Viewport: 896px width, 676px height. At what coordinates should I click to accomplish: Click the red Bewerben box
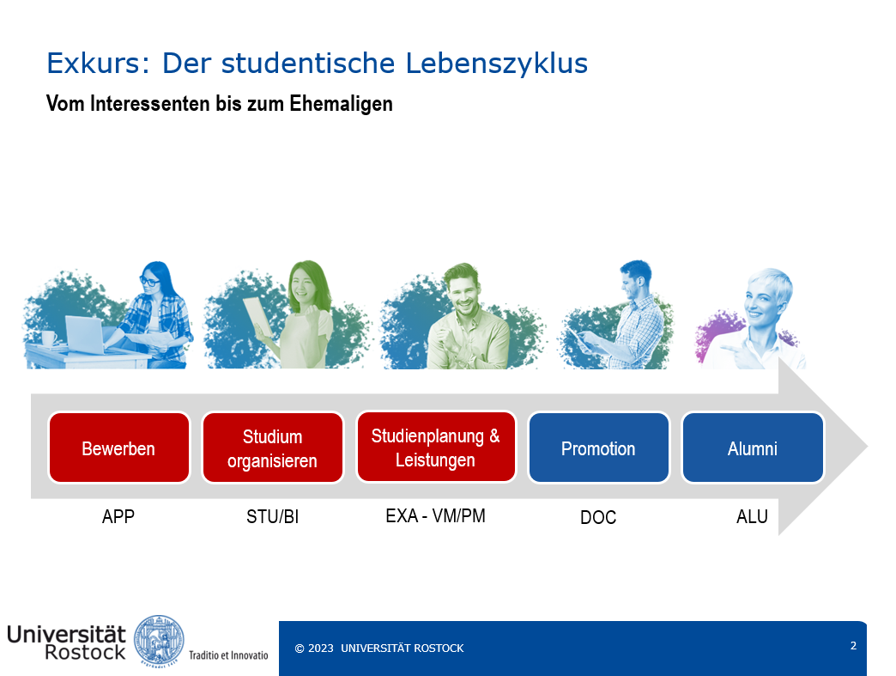pyautogui.click(x=118, y=448)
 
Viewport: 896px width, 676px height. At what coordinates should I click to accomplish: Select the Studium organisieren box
pyautogui.click(x=273, y=448)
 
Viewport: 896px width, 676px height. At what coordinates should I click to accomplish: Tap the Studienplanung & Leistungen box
pyautogui.click(x=436, y=448)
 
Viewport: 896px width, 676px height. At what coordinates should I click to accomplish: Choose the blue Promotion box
pyautogui.click(x=598, y=448)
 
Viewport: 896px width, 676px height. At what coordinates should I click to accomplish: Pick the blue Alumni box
pyautogui.click(x=753, y=448)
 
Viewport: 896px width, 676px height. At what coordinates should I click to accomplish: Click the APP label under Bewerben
pyautogui.click(x=118, y=516)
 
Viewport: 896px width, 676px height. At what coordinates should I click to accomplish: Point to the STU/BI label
pyautogui.click(x=273, y=516)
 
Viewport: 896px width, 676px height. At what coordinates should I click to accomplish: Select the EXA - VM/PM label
pyautogui.click(x=435, y=516)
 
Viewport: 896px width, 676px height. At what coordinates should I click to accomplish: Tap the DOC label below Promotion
pyautogui.click(x=598, y=517)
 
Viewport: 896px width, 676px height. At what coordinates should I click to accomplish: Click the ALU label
pyautogui.click(x=752, y=516)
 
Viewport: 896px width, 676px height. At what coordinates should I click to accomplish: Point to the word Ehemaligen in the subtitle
pyautogui.click(x=341, y=104)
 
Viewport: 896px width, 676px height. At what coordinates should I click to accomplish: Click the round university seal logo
pyautogui.click(x=159, y=641)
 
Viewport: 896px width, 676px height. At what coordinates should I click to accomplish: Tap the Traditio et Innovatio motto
pyautogui.click(x=228, y=655)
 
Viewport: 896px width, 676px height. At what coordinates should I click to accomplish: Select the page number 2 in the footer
pyautogui.click(x=853, y=646)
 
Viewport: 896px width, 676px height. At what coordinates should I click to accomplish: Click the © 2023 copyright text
pyautogui.click(x=314, y=648)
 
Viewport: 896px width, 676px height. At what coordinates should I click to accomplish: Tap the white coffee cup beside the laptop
pyautogui.click(x=48, y=338)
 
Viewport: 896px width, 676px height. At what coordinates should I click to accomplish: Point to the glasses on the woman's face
pyautogui.click(x=149, y=281)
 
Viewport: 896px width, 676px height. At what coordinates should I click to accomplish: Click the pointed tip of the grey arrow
pyautogui.click(x=868, y=446)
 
